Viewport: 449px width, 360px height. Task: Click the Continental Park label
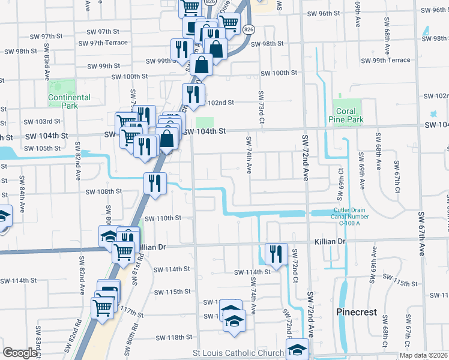point(69,101)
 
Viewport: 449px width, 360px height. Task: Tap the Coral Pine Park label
point(346,115)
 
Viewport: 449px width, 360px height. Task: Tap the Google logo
point(20,353)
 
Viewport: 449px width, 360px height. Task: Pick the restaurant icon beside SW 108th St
point(155,183)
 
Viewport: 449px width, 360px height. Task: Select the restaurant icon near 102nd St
point(193,94)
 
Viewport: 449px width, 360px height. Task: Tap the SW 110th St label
point(162,218)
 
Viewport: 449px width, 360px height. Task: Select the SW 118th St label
point(171,338)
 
